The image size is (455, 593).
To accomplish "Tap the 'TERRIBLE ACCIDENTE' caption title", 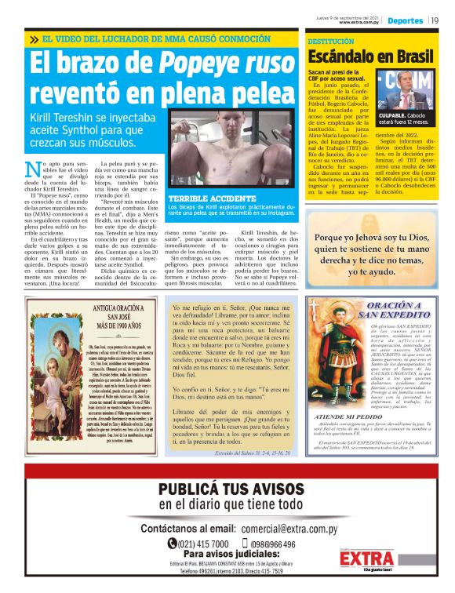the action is pyautogui.click(x=206, y=199).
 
